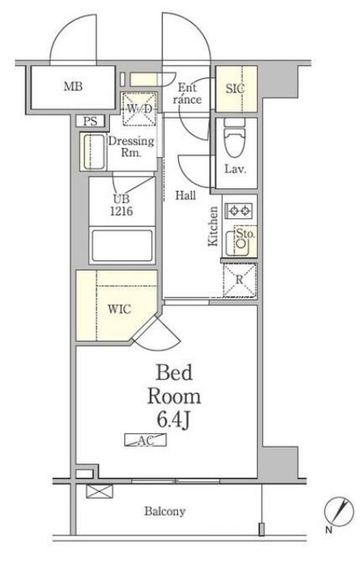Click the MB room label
(x=73, y=87)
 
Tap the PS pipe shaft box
(x=91, y=121)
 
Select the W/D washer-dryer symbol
(x=139, y=109)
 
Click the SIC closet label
(x=235, y=89)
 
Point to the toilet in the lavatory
(x=235, y=138)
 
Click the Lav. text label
(x=235, y=169)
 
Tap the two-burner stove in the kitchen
(x=239, y=211)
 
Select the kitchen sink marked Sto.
(x=241, y=241)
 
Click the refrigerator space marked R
(x=240, y=280)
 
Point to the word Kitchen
(x=213, y=226)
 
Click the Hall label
(x=185, y=195)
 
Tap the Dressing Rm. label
(x=131, y=146)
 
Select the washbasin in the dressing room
(x=93, y=152)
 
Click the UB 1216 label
(x=122, y=205)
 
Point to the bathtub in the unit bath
(x=122, y=245)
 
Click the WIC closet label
(x=119, y=309)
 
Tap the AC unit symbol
(x=146, y=440)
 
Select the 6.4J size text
(x=173, y=420)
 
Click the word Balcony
(x=165, y=511)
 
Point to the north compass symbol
(x=339, y=511)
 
